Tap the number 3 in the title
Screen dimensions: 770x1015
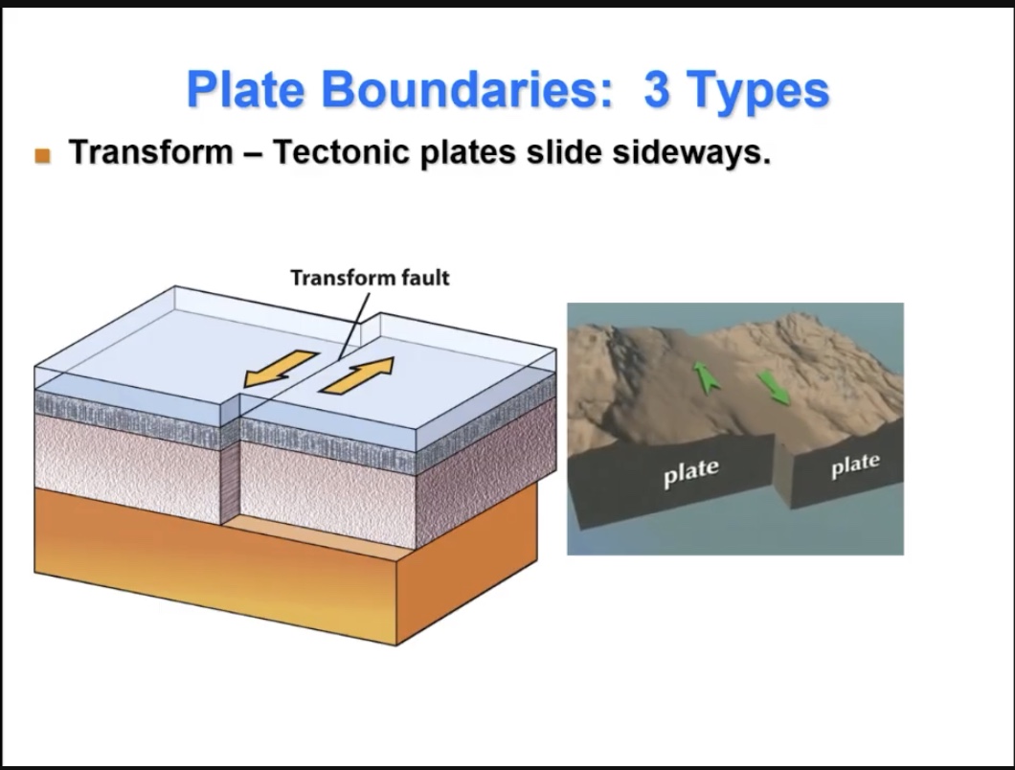point(657,89)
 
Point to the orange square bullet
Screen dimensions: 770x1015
point(42,155)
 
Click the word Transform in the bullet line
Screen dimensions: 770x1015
point(150,153)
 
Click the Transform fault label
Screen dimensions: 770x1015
point(369,278)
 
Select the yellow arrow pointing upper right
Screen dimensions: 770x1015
point(358,374)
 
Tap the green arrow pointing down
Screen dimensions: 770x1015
point(775,386)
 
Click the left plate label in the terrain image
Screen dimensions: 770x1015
point(690,470)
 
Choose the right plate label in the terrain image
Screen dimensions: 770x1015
point(854,464)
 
